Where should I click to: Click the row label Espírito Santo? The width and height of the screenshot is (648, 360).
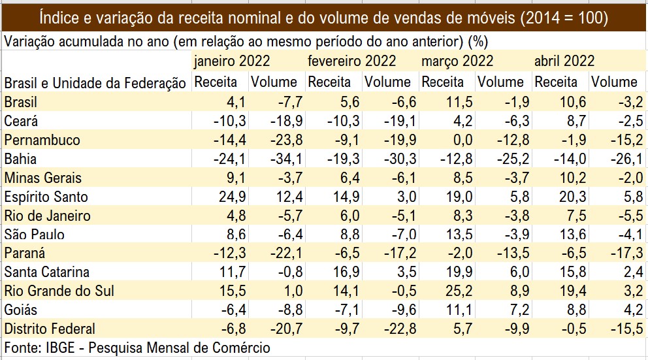pyautogui.click(x=46, y=197)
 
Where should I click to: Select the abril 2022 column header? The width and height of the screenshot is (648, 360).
pyautogui.click(x=564, y=61)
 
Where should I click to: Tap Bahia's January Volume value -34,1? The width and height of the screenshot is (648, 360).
pyautogui.click(x=283, y=159)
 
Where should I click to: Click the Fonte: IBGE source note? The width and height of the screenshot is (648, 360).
pyautogui.click(x=137, y=348)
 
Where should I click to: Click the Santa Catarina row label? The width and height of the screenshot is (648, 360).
pyautogui.click(x=46, y=272)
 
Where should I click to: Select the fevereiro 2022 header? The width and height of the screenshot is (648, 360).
pyautogui.click(x=351, y=61)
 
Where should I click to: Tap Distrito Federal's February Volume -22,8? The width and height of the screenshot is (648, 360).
pyautogui.click(x=395, y=329)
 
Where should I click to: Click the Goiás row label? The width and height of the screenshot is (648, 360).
pyautogui.click(x=21, y=310)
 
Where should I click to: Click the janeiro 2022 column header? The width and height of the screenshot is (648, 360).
pyautogui.click(x=232, y=61)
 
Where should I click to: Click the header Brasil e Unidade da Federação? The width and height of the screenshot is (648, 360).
pyautogui.click(x=95, y=82)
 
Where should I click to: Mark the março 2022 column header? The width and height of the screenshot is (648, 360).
pyautogui.click(x=458, y=61)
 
